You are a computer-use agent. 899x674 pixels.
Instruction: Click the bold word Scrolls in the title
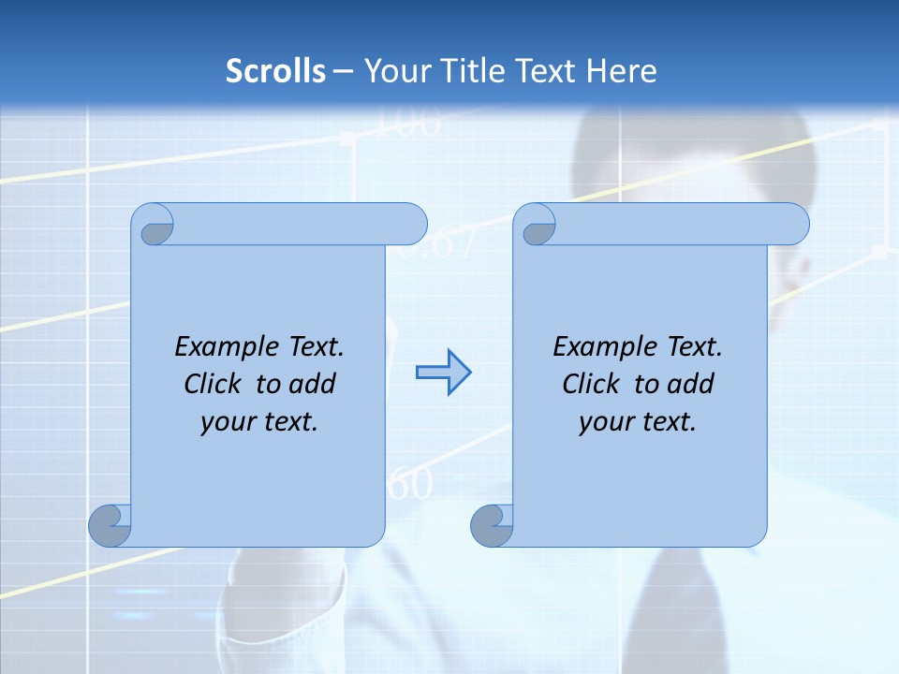[x=276, y=71]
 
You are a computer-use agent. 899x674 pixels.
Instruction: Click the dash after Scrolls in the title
[x=343, y=72]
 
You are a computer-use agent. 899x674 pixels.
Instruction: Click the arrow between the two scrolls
[x=443, y=373]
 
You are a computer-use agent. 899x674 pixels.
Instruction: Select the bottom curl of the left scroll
[x=111, y=525]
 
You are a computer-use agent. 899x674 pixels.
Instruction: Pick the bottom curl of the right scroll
[x=493, y=525]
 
